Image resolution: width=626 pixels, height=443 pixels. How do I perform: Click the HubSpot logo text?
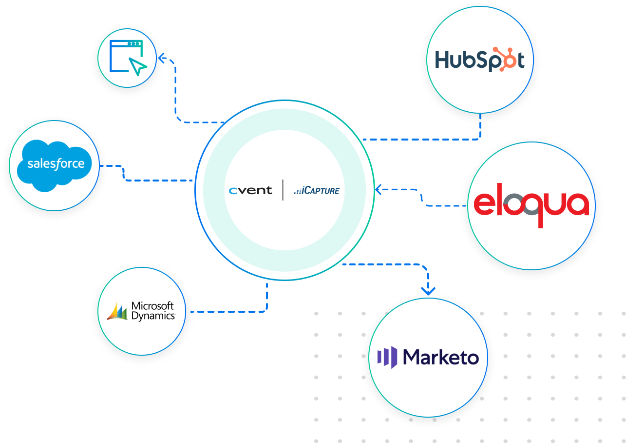pos(479,60)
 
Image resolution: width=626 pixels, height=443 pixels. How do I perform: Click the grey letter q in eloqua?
pos(533,207)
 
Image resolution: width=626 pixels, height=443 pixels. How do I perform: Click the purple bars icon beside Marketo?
pos(387,357)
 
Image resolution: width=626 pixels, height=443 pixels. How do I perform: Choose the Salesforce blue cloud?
pos(56,165)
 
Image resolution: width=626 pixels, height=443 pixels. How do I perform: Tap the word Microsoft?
pos(152,306)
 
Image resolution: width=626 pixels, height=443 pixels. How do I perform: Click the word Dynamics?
pos(153,315)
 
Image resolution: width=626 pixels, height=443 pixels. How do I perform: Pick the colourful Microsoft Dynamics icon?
pos(117,311)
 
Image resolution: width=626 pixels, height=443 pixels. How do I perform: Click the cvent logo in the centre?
pos(250,190)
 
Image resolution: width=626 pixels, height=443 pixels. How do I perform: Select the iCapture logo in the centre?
pos(316,190)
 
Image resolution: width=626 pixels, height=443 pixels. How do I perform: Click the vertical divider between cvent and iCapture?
pos(283,190)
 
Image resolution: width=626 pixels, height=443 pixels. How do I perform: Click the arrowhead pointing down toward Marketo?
pos(428,291)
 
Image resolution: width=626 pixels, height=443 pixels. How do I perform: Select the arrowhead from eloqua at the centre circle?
pos(378,189)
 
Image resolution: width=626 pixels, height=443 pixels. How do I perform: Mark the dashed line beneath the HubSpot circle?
pos(480,128)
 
